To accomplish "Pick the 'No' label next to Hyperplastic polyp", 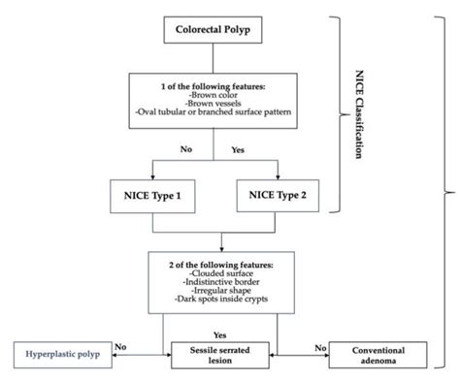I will click(x=120, y=343).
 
